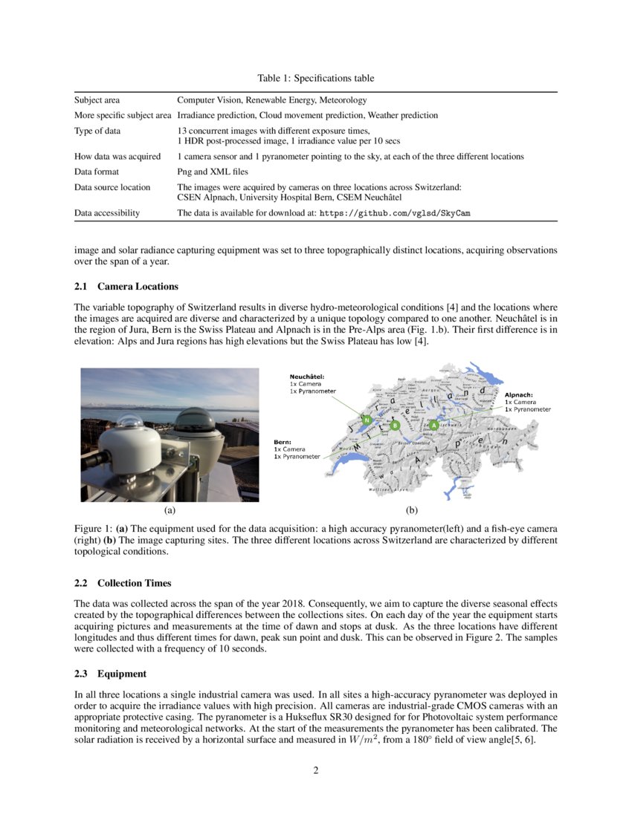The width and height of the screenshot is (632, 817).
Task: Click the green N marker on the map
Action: point(367,420)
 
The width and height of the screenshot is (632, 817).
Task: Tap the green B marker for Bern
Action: point(395,426)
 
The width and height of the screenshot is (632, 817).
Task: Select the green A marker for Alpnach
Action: point(434,426)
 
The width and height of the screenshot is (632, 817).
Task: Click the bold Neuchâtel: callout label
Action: point(307,377)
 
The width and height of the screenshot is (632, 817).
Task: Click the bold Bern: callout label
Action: point(282,443)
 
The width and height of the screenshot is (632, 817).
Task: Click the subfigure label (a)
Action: point(170,510)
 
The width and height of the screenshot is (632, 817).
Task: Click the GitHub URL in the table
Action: point(395,213)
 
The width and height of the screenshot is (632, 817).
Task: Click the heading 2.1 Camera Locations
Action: point(126,287)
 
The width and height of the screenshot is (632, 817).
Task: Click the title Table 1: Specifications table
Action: point(315,78)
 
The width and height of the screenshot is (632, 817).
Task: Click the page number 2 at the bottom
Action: point(316,769)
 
